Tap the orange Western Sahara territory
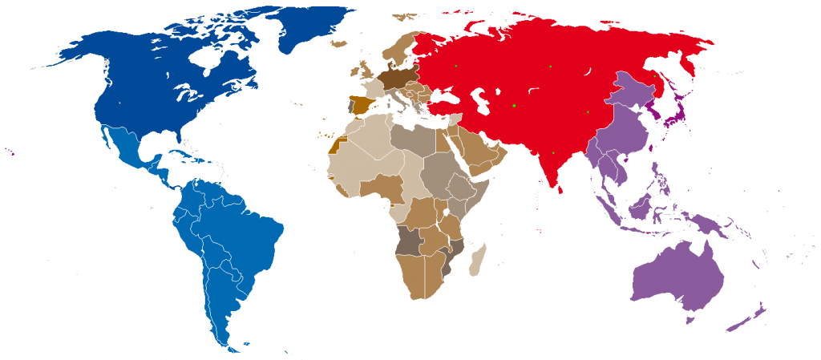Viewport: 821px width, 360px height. pyautogui.click(x=333, y=145)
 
